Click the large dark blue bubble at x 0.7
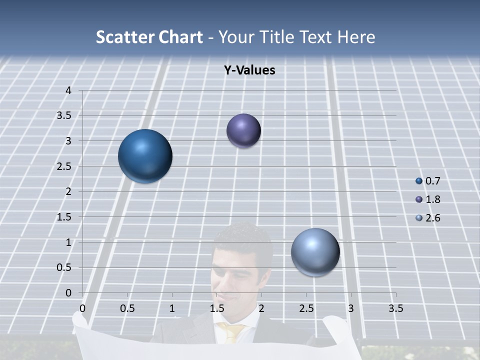point(145,156)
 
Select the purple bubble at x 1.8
point(243,130)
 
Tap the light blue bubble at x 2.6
point(315,252)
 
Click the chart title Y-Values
point(249,70)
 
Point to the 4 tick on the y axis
point(68,90)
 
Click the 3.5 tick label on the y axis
point(64,116)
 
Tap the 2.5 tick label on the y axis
point(64,166)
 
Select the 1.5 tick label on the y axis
point(64,217)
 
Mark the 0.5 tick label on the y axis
point(64,267)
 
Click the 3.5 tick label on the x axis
point(395,308)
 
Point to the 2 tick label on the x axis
point(261,308)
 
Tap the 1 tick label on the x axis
point(172,308)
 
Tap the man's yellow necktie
point(232,332)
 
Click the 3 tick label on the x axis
point(351,308)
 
